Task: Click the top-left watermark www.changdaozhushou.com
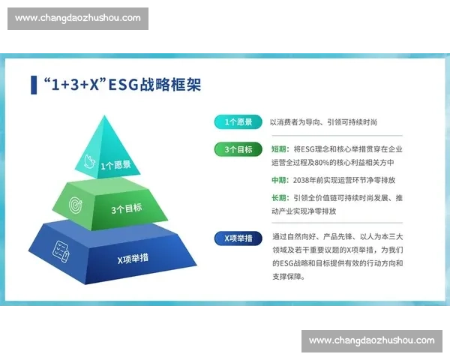(x=78, y=18)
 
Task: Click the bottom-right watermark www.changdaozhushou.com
(x=372, y=341)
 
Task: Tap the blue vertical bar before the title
(x=34, y=84)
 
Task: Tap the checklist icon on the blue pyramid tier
(x=61, y=250)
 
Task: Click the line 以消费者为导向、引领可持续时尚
(x=323, y=122)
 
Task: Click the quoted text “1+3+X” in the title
(x=74, y=84)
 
